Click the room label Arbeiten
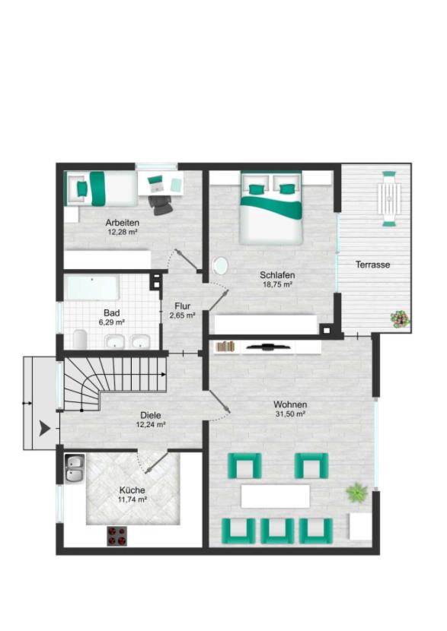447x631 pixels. (x=122, y=222)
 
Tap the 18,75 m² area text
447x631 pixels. (x=277, y=284)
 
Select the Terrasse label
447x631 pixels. (x=372, y=265)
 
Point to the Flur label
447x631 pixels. (x=182, y=306)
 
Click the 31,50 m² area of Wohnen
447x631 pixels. (x=290, y=414)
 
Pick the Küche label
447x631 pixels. (x=132, y=490)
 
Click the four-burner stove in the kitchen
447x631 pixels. (x=117, y=536)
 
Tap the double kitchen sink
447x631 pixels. (x=75, y=468)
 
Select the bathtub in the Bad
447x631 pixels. (x=92, y=287)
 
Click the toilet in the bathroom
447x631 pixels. (x=80, y=339)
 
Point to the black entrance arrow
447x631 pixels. (x=45, y=428)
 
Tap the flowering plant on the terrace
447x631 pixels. (x=401, y=319)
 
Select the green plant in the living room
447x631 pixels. (x=356, y=493)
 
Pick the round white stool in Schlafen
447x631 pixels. (x=220, y=266)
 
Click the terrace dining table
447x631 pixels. (x=389, y=198)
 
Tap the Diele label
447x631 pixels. (x=151, y=415)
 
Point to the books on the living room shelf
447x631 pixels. (x=225, y=346)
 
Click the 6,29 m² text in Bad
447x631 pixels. (x=111, y=322)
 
